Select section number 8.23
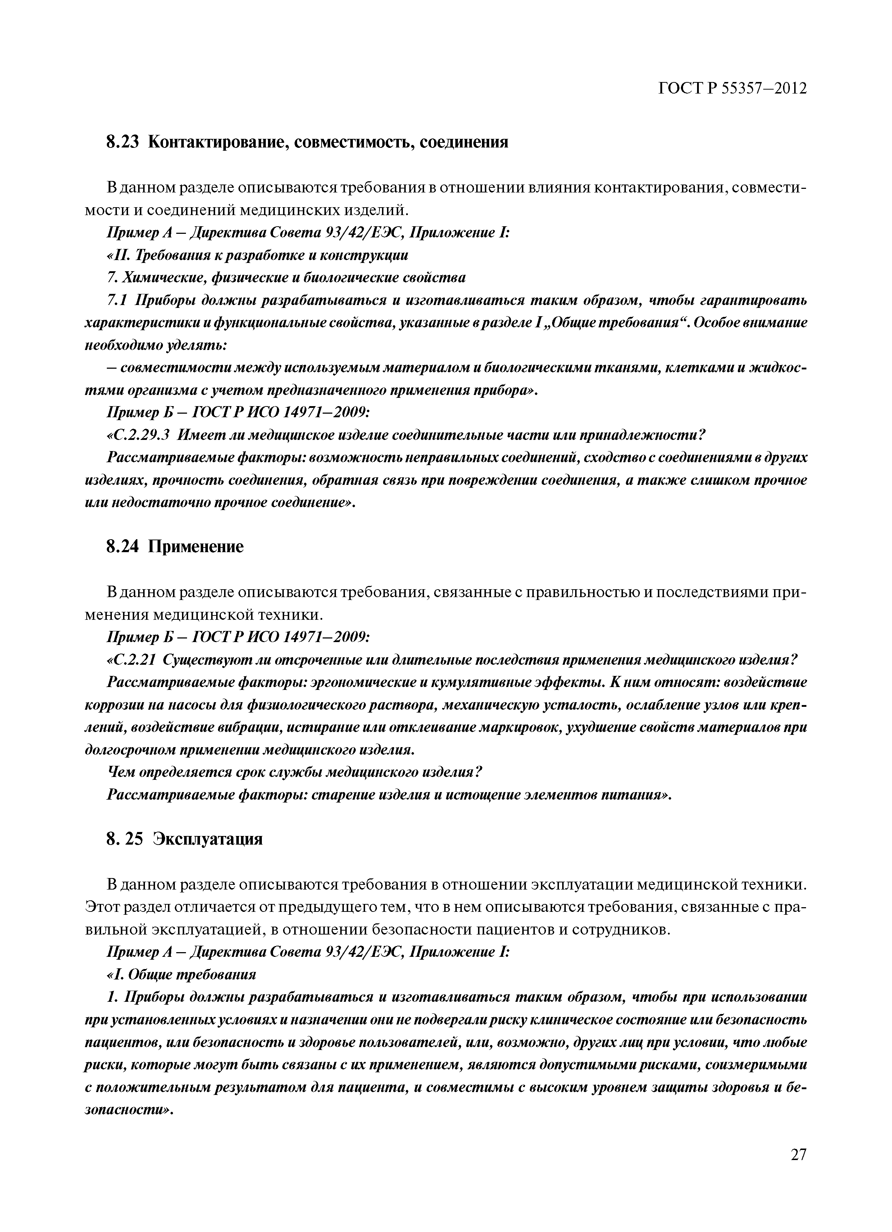[123, 142]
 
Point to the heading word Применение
[196, 546]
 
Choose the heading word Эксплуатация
[208, 839]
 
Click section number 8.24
[123, 546]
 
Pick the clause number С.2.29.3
[139, 435]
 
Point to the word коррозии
[110, 705]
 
